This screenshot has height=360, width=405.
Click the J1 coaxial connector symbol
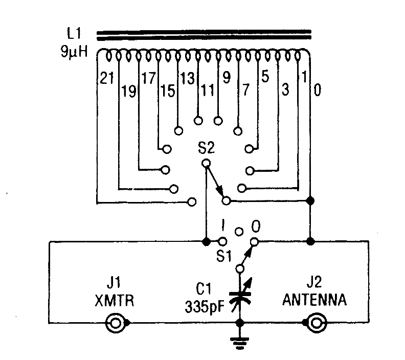click(115, 323)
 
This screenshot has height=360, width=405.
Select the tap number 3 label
click(285, 91)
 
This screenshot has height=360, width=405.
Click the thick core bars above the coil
click(204, 34)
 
